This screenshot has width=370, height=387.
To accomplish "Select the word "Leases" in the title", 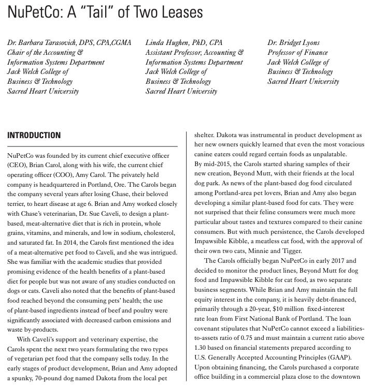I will click(182, 12).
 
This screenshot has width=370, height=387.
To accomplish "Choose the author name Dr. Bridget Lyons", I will click(293, 42).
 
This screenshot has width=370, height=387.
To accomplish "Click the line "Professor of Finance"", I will click(297, 52).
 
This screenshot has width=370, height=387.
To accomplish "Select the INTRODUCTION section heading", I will click(34, 136).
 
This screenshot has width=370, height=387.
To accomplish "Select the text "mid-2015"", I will click(213, 164).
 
